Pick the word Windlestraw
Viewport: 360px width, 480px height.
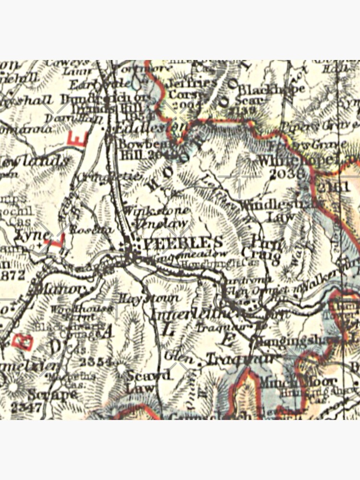click(281, 204)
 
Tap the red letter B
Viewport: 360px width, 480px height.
click(24, 341)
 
